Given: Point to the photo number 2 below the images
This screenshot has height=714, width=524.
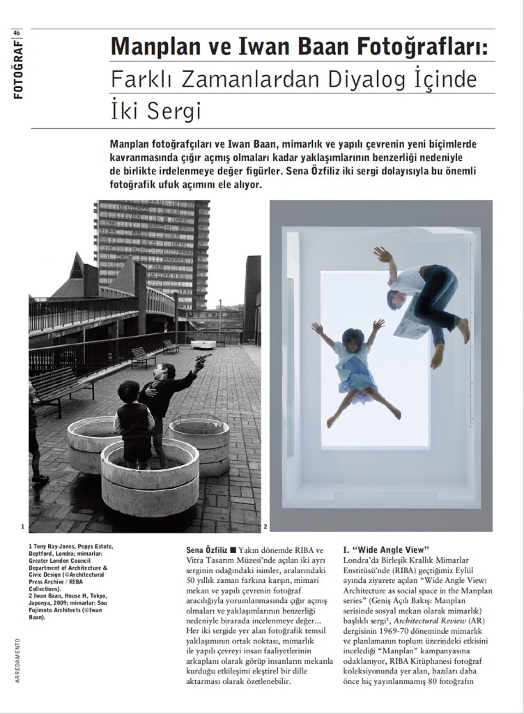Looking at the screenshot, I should point(265,526).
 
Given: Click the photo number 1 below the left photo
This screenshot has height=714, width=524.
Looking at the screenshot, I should point(23,526).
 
